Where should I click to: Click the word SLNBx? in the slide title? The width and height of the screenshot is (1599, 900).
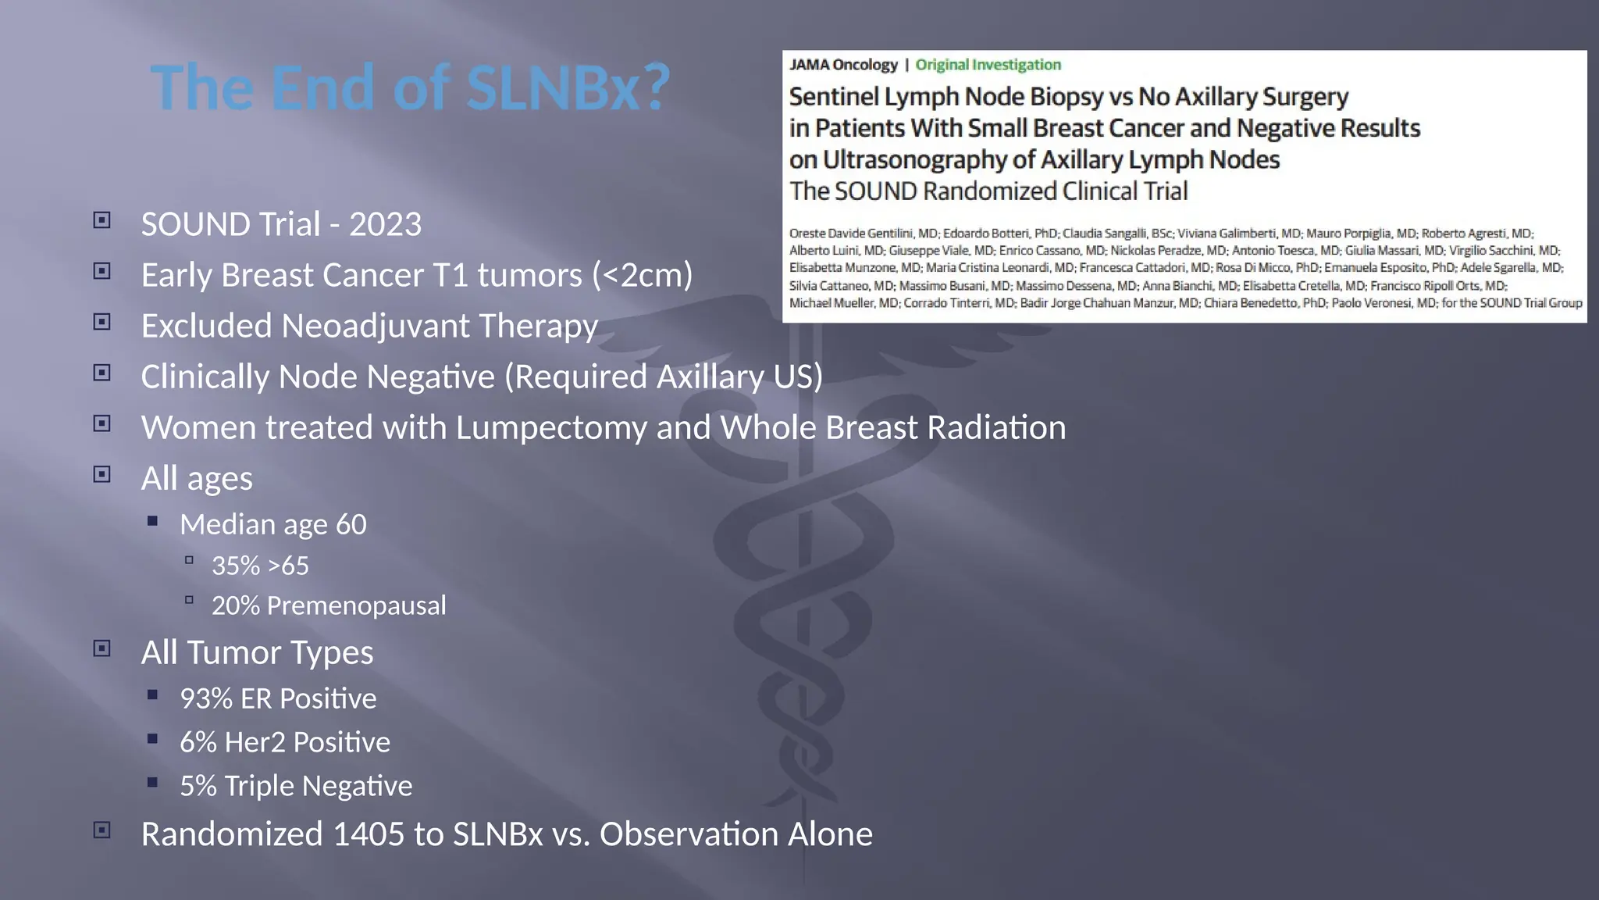pyautogui.click(x=568, y=87)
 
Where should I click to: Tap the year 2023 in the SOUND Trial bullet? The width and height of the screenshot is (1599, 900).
pyautogui.click(x=385, y=225)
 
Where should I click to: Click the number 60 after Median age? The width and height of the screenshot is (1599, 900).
pyautogui.click(x=351, y=525)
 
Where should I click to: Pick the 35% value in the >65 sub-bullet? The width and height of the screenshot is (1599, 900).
pyautogui.click(x=235, y=566)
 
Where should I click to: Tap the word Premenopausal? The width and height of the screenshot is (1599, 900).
pyautogui.click(x=356, y=605)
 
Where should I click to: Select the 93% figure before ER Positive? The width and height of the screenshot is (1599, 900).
pyautogui.click(x=206, y=698)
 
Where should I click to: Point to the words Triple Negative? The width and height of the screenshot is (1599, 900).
pyautogui.click(x=318, y=786)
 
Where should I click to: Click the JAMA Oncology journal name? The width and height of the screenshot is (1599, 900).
pyautogui.click(x=843, y=65)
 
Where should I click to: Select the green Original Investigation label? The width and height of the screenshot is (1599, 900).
pyautogui.click(x=988, y=65)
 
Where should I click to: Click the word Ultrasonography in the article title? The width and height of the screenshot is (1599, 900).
pyautogui.click(x=914, y=160)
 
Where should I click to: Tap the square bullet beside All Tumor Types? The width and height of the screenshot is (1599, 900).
pyautogui.click(x=102, y=648)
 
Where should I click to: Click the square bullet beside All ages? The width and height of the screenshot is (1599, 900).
pyautogui.click(x=102, y=474)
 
